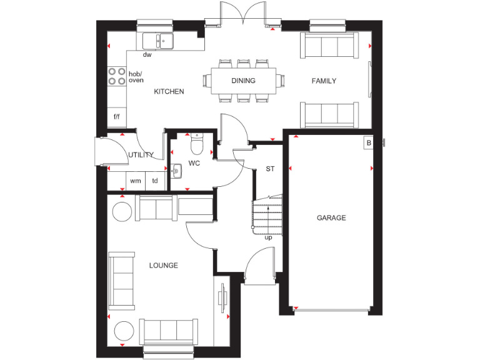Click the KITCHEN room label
point(169,92)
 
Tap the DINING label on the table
point(243,81)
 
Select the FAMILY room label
point(324,81)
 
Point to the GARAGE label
point(331,218)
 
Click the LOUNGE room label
point(164,266)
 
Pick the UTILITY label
point(141,155)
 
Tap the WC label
point(194,164)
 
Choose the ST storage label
point(270,169)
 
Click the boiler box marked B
point(368,143)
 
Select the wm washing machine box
point(136,181)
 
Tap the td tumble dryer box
point(155,181)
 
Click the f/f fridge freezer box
point(116,117)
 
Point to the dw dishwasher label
point(147,55)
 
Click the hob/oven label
point(136,77)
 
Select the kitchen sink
point(158,41)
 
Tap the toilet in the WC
point(197,144)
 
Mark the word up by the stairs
point(269,237)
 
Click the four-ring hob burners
point(116,76)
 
